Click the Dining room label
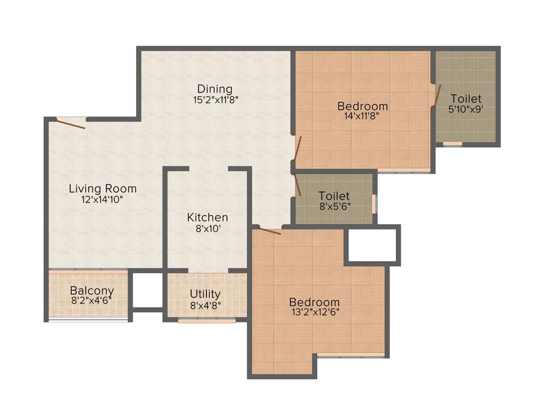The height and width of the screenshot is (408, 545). click(x=214, y=89)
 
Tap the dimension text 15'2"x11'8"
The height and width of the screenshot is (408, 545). click(x=214, y=99)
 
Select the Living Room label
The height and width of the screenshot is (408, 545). click(x=103, y=189)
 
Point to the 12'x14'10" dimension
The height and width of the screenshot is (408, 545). click(x=103, y=199)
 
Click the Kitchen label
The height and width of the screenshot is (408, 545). click(x=208, y=217)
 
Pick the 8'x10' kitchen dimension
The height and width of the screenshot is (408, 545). click(x=208, y=228)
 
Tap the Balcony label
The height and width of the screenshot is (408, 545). click(x=92, y=291)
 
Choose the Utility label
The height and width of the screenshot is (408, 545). click(x=205, y=294)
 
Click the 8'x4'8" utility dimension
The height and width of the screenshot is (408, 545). click(x=205, y=305)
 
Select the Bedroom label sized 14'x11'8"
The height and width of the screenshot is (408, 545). click(x=362, y=106)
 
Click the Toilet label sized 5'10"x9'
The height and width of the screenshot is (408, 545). click(x=466, y=99)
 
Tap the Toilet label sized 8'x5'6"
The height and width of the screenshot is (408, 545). click(x=334, y=196)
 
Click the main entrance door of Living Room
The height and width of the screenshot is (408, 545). click(x=71, y=123)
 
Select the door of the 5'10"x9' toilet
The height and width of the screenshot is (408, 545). click(x=437, y=96)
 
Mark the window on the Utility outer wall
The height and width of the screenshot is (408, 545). click(x=207, y=320)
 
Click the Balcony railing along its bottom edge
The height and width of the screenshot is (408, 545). click(x=88, y=320)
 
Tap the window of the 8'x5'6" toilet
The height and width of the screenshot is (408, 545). click(x=374, y=203)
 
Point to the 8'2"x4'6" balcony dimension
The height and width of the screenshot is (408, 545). click(x=92, y=301)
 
